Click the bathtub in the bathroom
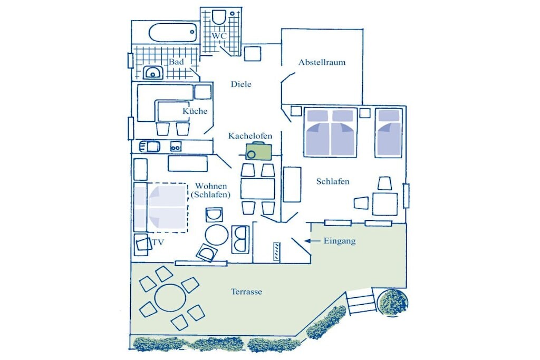point(173,32)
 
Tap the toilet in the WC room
point(219,16)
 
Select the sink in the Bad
point(153,73)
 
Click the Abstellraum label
point(322,62)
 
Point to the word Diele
point(241,84)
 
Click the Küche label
point(195,111)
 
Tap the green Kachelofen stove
point(258,151)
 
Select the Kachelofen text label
point(250,136)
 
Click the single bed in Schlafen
point(389,132)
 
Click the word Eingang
point(340,241)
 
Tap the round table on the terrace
point(170,298)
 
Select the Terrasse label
point(246,292)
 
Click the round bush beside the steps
point(392,302)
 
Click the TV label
point(158,242)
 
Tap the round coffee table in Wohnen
point(217,235)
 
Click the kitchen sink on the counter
point(149,147)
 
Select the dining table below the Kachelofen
point(258,189)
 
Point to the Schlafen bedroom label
point(333,181)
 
